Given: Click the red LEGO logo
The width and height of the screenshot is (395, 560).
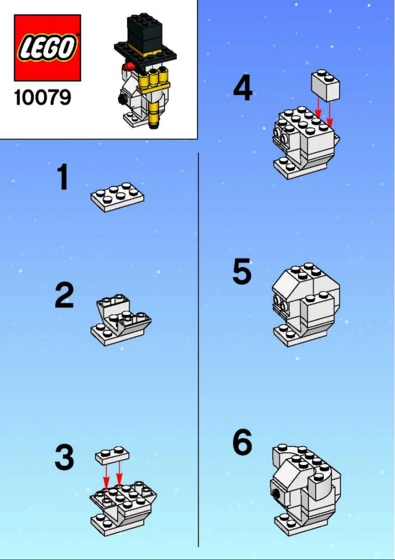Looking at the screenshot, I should (47, 48).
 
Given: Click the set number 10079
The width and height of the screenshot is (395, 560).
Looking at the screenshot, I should (42, 97).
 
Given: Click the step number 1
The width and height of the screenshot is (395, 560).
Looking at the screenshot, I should (63, 178).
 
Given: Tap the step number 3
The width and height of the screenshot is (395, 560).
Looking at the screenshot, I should (64, 458).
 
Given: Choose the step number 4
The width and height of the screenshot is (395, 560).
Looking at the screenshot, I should (242, 89).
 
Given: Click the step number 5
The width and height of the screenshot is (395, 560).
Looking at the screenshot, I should (242, 272).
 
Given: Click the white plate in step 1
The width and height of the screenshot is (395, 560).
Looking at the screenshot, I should (117, 196).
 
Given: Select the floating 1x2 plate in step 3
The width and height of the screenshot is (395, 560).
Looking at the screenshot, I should (112, 455).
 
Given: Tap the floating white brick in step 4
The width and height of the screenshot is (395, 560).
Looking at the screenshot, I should (326, 84).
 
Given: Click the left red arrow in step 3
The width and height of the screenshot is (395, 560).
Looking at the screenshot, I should (106, 477).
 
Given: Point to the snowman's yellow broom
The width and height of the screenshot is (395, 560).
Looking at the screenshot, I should (154, 93).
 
